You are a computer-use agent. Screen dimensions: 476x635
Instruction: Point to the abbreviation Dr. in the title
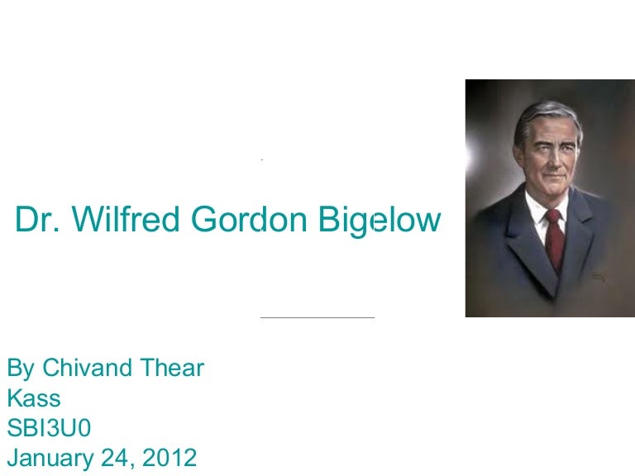pyautogui.click(x=37, y=220)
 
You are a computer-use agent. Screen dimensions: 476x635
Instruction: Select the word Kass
pyautogui.click(x=34, y=398)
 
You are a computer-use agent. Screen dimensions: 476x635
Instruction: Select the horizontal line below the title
pyautogui.click(x=317, y=317)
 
